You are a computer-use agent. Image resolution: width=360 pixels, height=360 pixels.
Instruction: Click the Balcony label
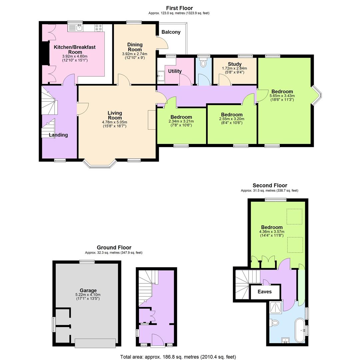(x=171, y=32)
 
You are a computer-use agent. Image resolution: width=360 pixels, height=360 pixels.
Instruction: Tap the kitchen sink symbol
(x=79, y=27)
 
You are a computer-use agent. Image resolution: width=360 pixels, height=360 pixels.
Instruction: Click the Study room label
(x=235, y=64)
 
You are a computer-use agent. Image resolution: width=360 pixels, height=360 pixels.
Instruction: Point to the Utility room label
(x=175, y=71)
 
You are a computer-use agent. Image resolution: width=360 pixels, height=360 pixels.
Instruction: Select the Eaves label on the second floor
(x=265, y=292)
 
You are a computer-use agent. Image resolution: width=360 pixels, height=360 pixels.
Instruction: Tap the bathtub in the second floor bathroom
(x=299, y=331)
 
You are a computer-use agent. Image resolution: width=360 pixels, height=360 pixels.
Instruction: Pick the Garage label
(x=88, y=290)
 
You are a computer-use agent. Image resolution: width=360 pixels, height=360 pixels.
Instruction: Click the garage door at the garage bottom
(x=95, y=343)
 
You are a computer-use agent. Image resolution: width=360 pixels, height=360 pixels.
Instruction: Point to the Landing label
(x=58, y=135)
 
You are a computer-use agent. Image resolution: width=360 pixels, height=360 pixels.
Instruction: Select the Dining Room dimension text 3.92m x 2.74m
(x=135, y=54)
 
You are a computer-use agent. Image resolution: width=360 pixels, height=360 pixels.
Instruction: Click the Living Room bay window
(x=100, y=163)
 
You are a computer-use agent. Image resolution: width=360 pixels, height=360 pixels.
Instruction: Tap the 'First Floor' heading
(x=179, y=8)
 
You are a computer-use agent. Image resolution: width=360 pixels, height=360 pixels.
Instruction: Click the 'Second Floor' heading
(x=270, y=185)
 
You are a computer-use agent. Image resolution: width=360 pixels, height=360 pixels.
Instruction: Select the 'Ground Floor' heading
(x=114, y=247)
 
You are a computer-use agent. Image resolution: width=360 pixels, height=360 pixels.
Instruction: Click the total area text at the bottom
(x=178, y=357)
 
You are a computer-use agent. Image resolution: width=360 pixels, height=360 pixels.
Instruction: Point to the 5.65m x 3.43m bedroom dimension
(x=282, y=96)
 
